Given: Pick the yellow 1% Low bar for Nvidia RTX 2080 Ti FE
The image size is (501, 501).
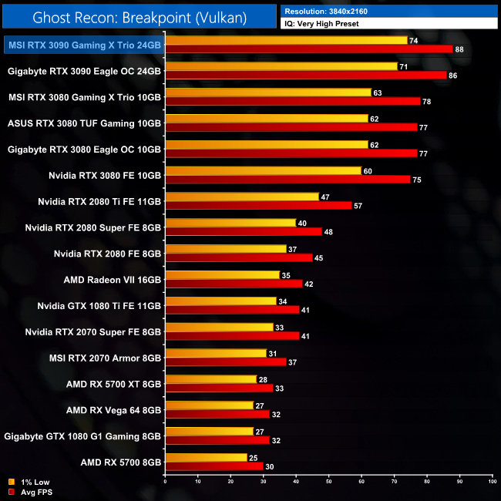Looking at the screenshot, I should pyautogui.click(x=242, y=197).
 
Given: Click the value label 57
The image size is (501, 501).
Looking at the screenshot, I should pyautogui.click(x=358, y=206).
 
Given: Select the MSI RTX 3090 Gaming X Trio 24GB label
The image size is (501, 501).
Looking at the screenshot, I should pyautogui.click(x=84, y=45).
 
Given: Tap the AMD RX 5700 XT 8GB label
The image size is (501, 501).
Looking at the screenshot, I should pyautogui.click(x=114, y=383).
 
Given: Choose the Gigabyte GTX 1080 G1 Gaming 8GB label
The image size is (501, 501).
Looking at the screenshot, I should pyautogui.click(x=82, y=436).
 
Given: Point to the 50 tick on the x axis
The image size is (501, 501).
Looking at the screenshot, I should pyautogui.click(x=329, y=482).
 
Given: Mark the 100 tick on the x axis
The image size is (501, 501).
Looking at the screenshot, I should pyautogui.click(x=492, y=482).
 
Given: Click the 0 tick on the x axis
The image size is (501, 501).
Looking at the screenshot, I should pyautogui.click(x=166, y=482).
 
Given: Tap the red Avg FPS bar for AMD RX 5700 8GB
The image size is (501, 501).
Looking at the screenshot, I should pyautogui.click(x=214, y=466).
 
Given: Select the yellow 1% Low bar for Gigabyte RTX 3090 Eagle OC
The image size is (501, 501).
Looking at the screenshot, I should pyautogui.click(x=281, y=66).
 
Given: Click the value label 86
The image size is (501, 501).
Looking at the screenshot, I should pyautogui.click(x=452, y=76).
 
